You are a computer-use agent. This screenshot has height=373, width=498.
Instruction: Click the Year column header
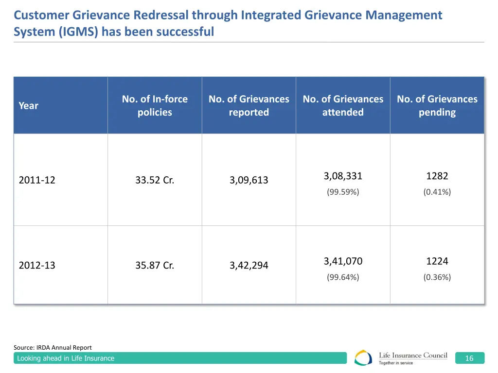click(28, 105)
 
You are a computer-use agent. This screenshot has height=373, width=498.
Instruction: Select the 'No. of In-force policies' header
click(155, 105)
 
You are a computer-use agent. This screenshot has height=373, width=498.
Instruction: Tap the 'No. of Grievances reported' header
click(249, 105)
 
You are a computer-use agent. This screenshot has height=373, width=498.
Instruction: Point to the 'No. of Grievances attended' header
click(343, 105)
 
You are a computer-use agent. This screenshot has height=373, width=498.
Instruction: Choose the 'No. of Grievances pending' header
click(437, 105)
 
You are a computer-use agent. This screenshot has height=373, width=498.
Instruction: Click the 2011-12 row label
click(37, 180)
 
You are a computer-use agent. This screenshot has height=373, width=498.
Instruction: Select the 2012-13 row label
click(37, 266)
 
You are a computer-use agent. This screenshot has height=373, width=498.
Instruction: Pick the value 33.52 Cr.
click(155, 180)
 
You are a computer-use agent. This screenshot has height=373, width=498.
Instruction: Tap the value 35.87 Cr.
click(155, 266)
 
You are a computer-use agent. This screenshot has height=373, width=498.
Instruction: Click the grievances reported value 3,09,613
click(249, 180)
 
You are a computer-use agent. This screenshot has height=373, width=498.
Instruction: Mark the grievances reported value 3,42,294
click(249, 266)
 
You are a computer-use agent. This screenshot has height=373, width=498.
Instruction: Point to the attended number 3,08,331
click(343, 176)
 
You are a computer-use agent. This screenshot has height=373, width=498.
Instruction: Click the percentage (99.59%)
click(343, 192)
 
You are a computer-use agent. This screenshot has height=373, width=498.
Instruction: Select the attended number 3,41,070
click(343, 261)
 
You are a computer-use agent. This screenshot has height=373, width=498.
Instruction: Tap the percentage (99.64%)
click(343, 277)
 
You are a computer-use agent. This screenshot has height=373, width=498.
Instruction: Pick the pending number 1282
click(437, 176)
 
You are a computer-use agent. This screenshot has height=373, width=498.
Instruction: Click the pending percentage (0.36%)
click(437, 277)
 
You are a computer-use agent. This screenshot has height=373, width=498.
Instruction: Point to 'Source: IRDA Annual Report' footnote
click(53, 347)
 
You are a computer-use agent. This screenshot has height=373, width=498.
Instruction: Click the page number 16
click(469, 358)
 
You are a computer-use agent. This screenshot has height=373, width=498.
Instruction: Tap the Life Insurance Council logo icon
click(363, 358)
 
